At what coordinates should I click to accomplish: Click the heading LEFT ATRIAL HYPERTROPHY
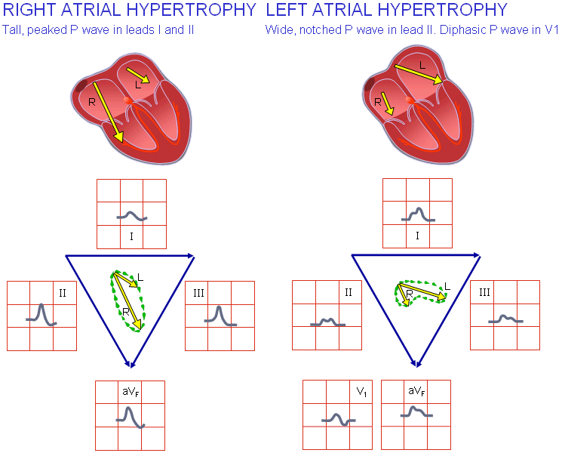(x=386, y=10)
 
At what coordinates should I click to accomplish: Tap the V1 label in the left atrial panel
(x=361, y=393)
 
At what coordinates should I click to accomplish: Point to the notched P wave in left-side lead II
(x=327, y=322)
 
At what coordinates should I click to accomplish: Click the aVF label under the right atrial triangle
(x=130, y=393)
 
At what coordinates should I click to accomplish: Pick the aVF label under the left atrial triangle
(x=416, y=393)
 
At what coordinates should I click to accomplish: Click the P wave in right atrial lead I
(x=131, y=216)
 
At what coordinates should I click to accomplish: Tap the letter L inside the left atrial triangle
(x=446, y=286)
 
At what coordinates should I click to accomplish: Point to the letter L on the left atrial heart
(x=422, y=66)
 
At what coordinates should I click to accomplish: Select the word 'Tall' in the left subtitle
(x=11, y=31)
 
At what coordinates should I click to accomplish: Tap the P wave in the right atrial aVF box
(x=130, y=417)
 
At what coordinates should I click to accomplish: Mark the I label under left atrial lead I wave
(x=417, y=236)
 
